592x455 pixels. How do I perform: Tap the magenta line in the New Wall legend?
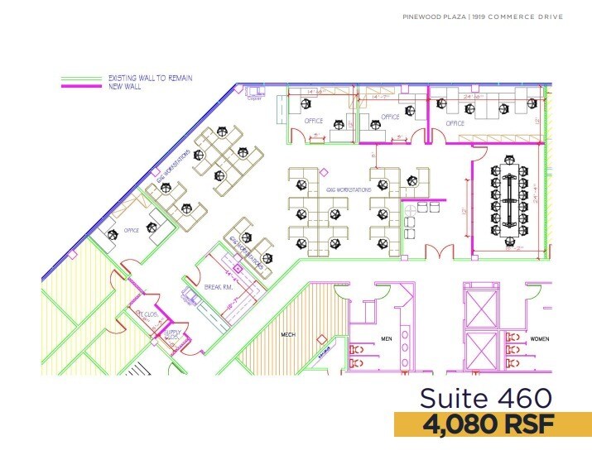(x=82, y=85)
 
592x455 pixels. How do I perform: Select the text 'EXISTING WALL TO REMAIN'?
(x=150, y=78)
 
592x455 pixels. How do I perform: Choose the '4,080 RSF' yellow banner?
(x=493, y=425)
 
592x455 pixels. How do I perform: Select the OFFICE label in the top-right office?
(x=455, y=123)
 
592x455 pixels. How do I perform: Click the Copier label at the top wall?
(x=253, y=98)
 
